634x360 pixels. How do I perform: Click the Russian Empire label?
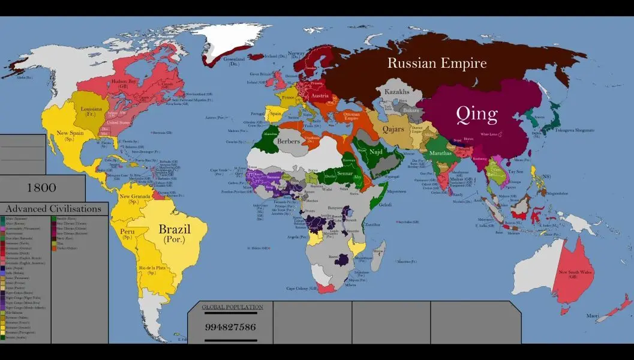point(436,63)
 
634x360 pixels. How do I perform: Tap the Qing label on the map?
point(476,113)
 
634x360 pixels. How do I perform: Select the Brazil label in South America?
point(174,230)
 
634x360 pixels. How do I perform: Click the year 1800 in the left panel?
point(41,188)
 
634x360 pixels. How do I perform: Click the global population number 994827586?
point(231,327)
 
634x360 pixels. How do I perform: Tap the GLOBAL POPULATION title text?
point(232,307)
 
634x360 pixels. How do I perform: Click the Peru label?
point(127,231)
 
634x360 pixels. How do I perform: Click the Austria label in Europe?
point(318,96)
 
